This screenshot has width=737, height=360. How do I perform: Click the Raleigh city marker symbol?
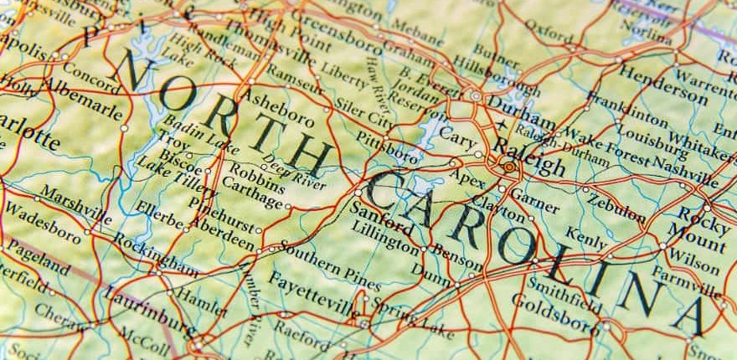click(x=508, y=167)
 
